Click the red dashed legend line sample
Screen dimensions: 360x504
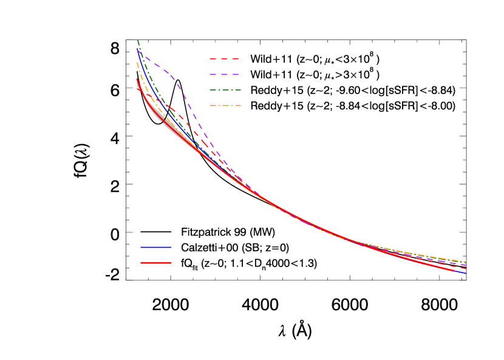coord(224,59)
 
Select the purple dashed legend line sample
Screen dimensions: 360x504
coord(224,74)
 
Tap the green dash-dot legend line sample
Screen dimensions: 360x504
coord(225,90)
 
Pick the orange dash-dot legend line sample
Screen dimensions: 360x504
coord(225,106)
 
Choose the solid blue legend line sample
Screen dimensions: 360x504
coord(156,247)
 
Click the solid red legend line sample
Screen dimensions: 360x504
coord(156,263)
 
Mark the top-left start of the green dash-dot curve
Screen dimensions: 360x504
coord(138,40)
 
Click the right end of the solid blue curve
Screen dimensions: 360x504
coord(466,273)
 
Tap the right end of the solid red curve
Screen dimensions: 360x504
coord(454,270)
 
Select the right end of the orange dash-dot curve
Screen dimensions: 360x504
coord(466,262)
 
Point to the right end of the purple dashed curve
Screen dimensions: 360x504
coord(466,265)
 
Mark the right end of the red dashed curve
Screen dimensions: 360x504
coord(466,268)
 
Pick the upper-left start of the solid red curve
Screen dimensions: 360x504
coord(137,76)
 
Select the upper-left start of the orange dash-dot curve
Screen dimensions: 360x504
coord(137,62)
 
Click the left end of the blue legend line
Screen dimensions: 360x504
coord(141,247)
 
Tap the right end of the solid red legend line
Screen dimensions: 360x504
coord(171,263)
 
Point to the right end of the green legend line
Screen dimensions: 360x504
coord(240,90)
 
